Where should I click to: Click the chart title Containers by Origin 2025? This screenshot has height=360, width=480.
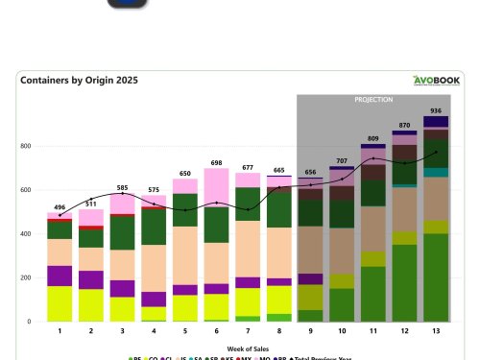72,82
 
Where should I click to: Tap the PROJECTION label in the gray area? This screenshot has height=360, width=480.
373,99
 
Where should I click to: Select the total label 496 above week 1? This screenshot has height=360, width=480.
60,206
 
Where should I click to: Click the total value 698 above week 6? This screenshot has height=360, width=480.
217,164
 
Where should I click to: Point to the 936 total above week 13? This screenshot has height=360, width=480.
436,111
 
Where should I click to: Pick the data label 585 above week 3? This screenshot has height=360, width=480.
123,188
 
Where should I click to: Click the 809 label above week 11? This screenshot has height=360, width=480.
373,139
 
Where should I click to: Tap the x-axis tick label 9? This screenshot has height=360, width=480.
310,331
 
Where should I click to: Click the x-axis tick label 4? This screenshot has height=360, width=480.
154,331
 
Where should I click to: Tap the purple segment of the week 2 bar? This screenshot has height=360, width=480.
91,279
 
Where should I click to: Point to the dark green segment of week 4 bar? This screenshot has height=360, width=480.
154,226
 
